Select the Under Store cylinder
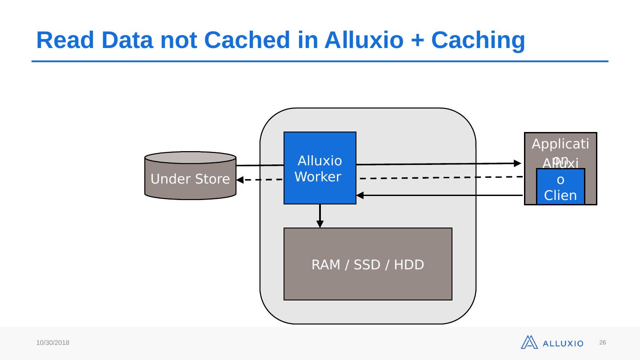tap(190, 176)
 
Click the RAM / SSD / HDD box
tap(368, 264)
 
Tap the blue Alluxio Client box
tap(560, 187)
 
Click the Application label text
tap(560, 144)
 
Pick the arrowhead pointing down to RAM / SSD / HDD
tap(320, 224)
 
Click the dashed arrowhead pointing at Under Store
tap(240, 180)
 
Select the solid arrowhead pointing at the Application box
tap(517, 163)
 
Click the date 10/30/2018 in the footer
tap(53, 343)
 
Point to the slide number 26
tap(603, 343)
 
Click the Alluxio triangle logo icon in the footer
tap(529, 342)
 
